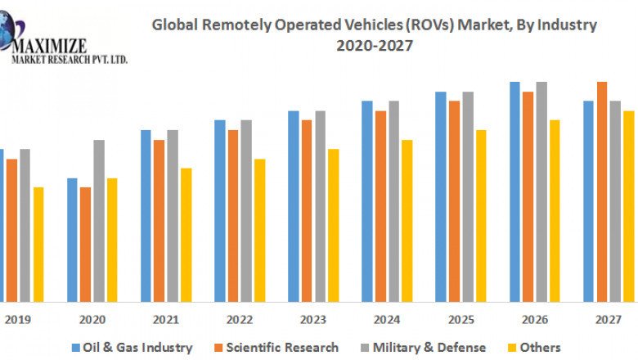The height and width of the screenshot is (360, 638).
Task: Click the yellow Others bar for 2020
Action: (x=112, y=239)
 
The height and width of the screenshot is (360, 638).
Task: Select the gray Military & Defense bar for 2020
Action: (x=99, y=220)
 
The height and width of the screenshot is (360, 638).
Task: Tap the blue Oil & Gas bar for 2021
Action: (x=146, y=215)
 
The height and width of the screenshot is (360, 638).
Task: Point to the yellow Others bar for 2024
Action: (x=407, y=220)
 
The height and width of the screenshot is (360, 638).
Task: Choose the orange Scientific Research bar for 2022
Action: (x=233, y=215)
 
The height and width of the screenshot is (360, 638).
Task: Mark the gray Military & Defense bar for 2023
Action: (x=320, y=205)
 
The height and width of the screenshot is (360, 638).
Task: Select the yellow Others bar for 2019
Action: (x=38, y=244)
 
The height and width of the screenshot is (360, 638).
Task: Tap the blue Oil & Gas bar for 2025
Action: (x=441, y=196)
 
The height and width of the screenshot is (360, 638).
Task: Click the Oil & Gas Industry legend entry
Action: (x=133, y=347)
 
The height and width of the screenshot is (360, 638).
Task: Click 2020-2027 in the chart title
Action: (x=375, y=46)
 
